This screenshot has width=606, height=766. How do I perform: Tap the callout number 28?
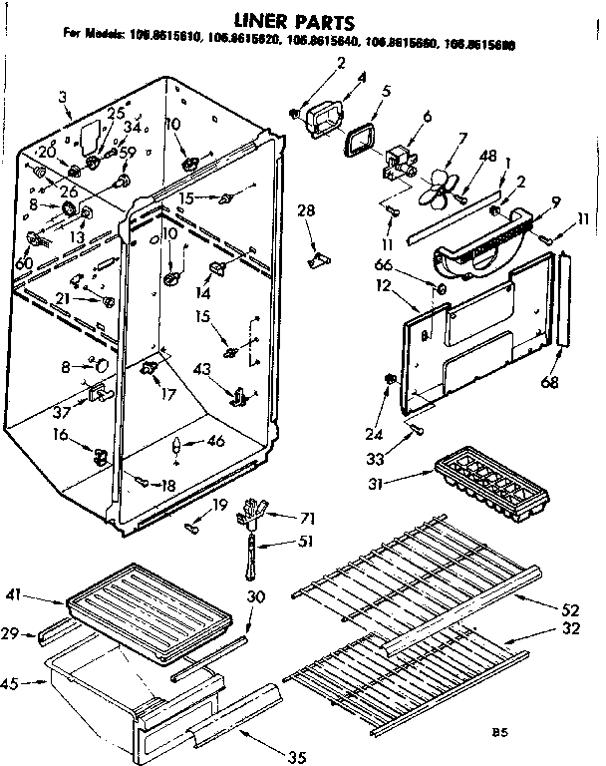point(306,210)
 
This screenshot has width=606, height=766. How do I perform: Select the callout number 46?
point(215,442)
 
